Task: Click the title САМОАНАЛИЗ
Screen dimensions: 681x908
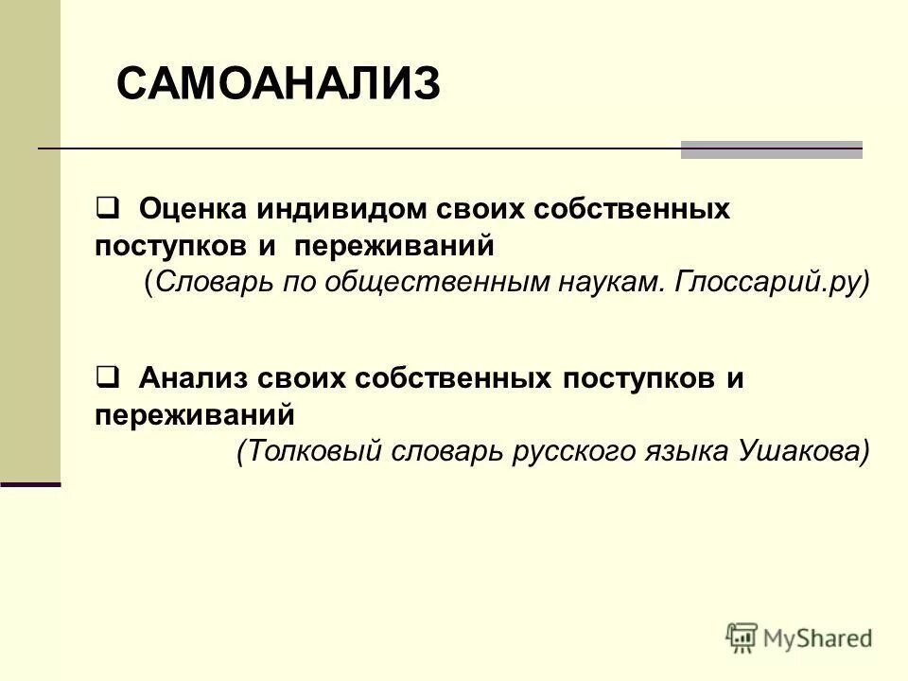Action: click(x=278, y=85)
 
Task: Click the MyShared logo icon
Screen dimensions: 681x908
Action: click(x=742, y=638)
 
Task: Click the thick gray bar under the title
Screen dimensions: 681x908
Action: click(x=772, y=150)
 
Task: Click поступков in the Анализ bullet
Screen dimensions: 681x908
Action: click(x=638, y=379)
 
